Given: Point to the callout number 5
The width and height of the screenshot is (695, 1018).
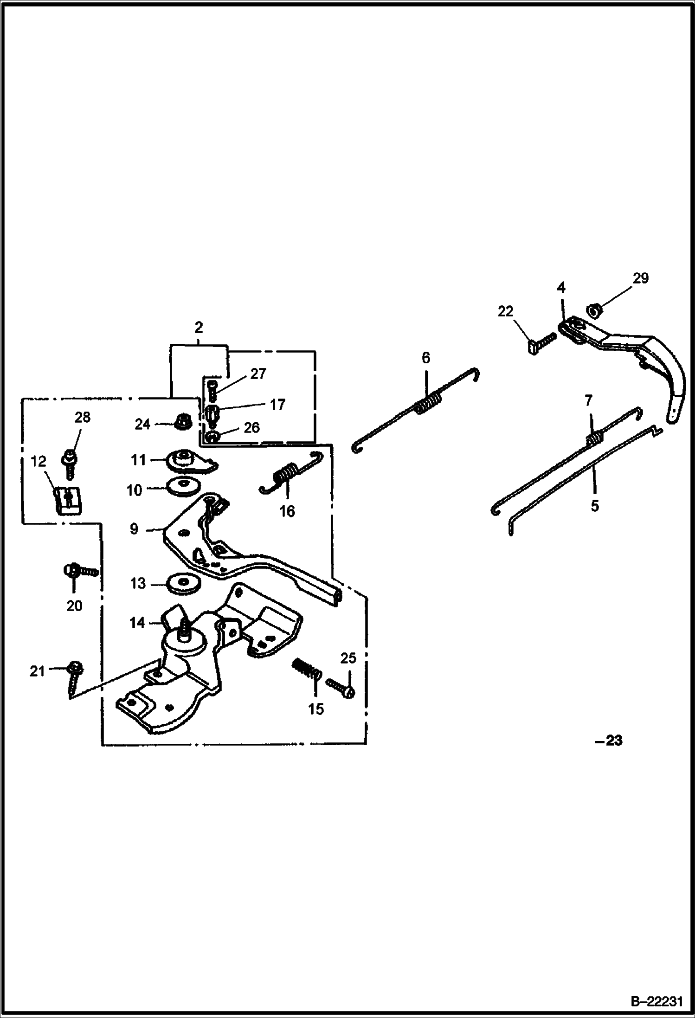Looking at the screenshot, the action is tap(595, 505).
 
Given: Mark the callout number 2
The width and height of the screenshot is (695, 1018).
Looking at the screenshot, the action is tap(199, 328).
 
